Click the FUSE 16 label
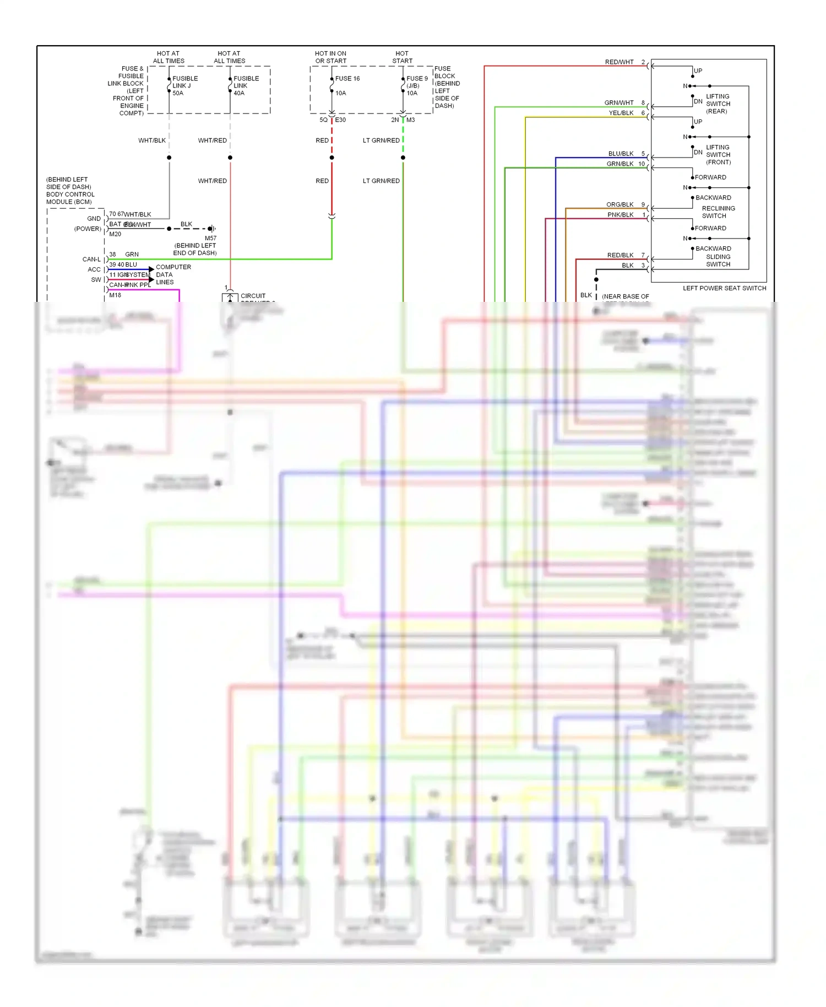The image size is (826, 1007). coord(347,79)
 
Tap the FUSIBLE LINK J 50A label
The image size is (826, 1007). coord(184,86)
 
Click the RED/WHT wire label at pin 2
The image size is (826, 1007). coord(619,62)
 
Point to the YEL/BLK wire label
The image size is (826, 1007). coord(621,113)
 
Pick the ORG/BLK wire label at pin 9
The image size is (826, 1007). coord(619,204)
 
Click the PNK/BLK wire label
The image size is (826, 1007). coord(620,215)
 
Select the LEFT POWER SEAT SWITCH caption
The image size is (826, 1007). coord(724,288)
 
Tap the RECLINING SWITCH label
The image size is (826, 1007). coord(718,212)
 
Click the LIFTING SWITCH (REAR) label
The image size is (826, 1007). coord(718,104)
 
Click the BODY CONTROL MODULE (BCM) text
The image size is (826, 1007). coord(70,191)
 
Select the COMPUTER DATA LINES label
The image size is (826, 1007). coord(173,274)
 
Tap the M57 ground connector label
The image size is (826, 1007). coord(210,239)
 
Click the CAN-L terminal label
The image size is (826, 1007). coord(91,259)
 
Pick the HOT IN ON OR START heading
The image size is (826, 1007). coord(330,57)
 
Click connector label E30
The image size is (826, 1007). coord(340,120)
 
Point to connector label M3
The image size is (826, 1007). coord(410,120)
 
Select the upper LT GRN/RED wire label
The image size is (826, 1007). coord(381,140)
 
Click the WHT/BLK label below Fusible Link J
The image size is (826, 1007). coord(151,140)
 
